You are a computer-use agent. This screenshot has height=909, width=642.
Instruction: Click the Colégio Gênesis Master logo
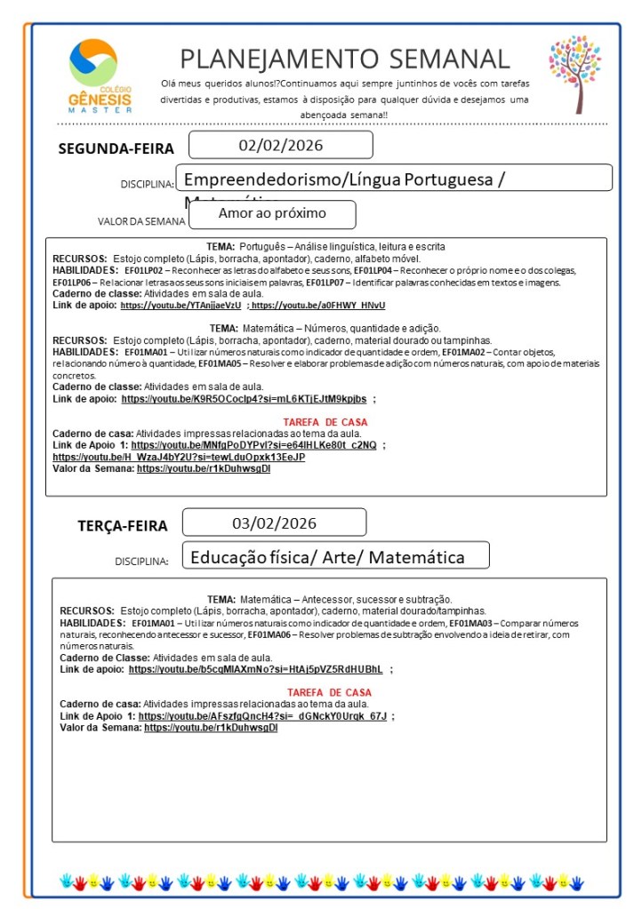click(x=99, y=76)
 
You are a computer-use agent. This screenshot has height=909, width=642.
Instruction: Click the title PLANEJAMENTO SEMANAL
click(x=345, y=59)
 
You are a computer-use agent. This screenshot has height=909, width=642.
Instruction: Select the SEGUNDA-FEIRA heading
click(x=116, y=148)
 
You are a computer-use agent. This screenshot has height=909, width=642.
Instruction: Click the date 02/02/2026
click(x=280, y=145)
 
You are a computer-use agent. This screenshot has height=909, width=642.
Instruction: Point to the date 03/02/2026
click(x=274, y=522)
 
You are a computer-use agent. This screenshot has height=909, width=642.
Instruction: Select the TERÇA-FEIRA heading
click(x=122, y=526)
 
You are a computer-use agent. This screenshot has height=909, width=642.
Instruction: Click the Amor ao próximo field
click(x=272, y=213)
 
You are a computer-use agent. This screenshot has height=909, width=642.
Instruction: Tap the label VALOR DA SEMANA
click(x=141, y=221)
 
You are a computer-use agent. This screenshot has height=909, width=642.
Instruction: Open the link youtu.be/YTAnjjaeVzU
click(x=181, y=305)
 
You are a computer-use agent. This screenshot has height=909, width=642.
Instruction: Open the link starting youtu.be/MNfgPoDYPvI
click(x=253, y=445)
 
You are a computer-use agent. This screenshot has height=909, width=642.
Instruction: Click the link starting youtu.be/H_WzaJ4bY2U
click(x=179, y=457)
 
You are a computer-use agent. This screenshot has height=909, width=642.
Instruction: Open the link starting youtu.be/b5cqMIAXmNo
click(x=255, y=669)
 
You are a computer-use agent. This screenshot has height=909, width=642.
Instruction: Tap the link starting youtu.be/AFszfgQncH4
click(x=262, y=715)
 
